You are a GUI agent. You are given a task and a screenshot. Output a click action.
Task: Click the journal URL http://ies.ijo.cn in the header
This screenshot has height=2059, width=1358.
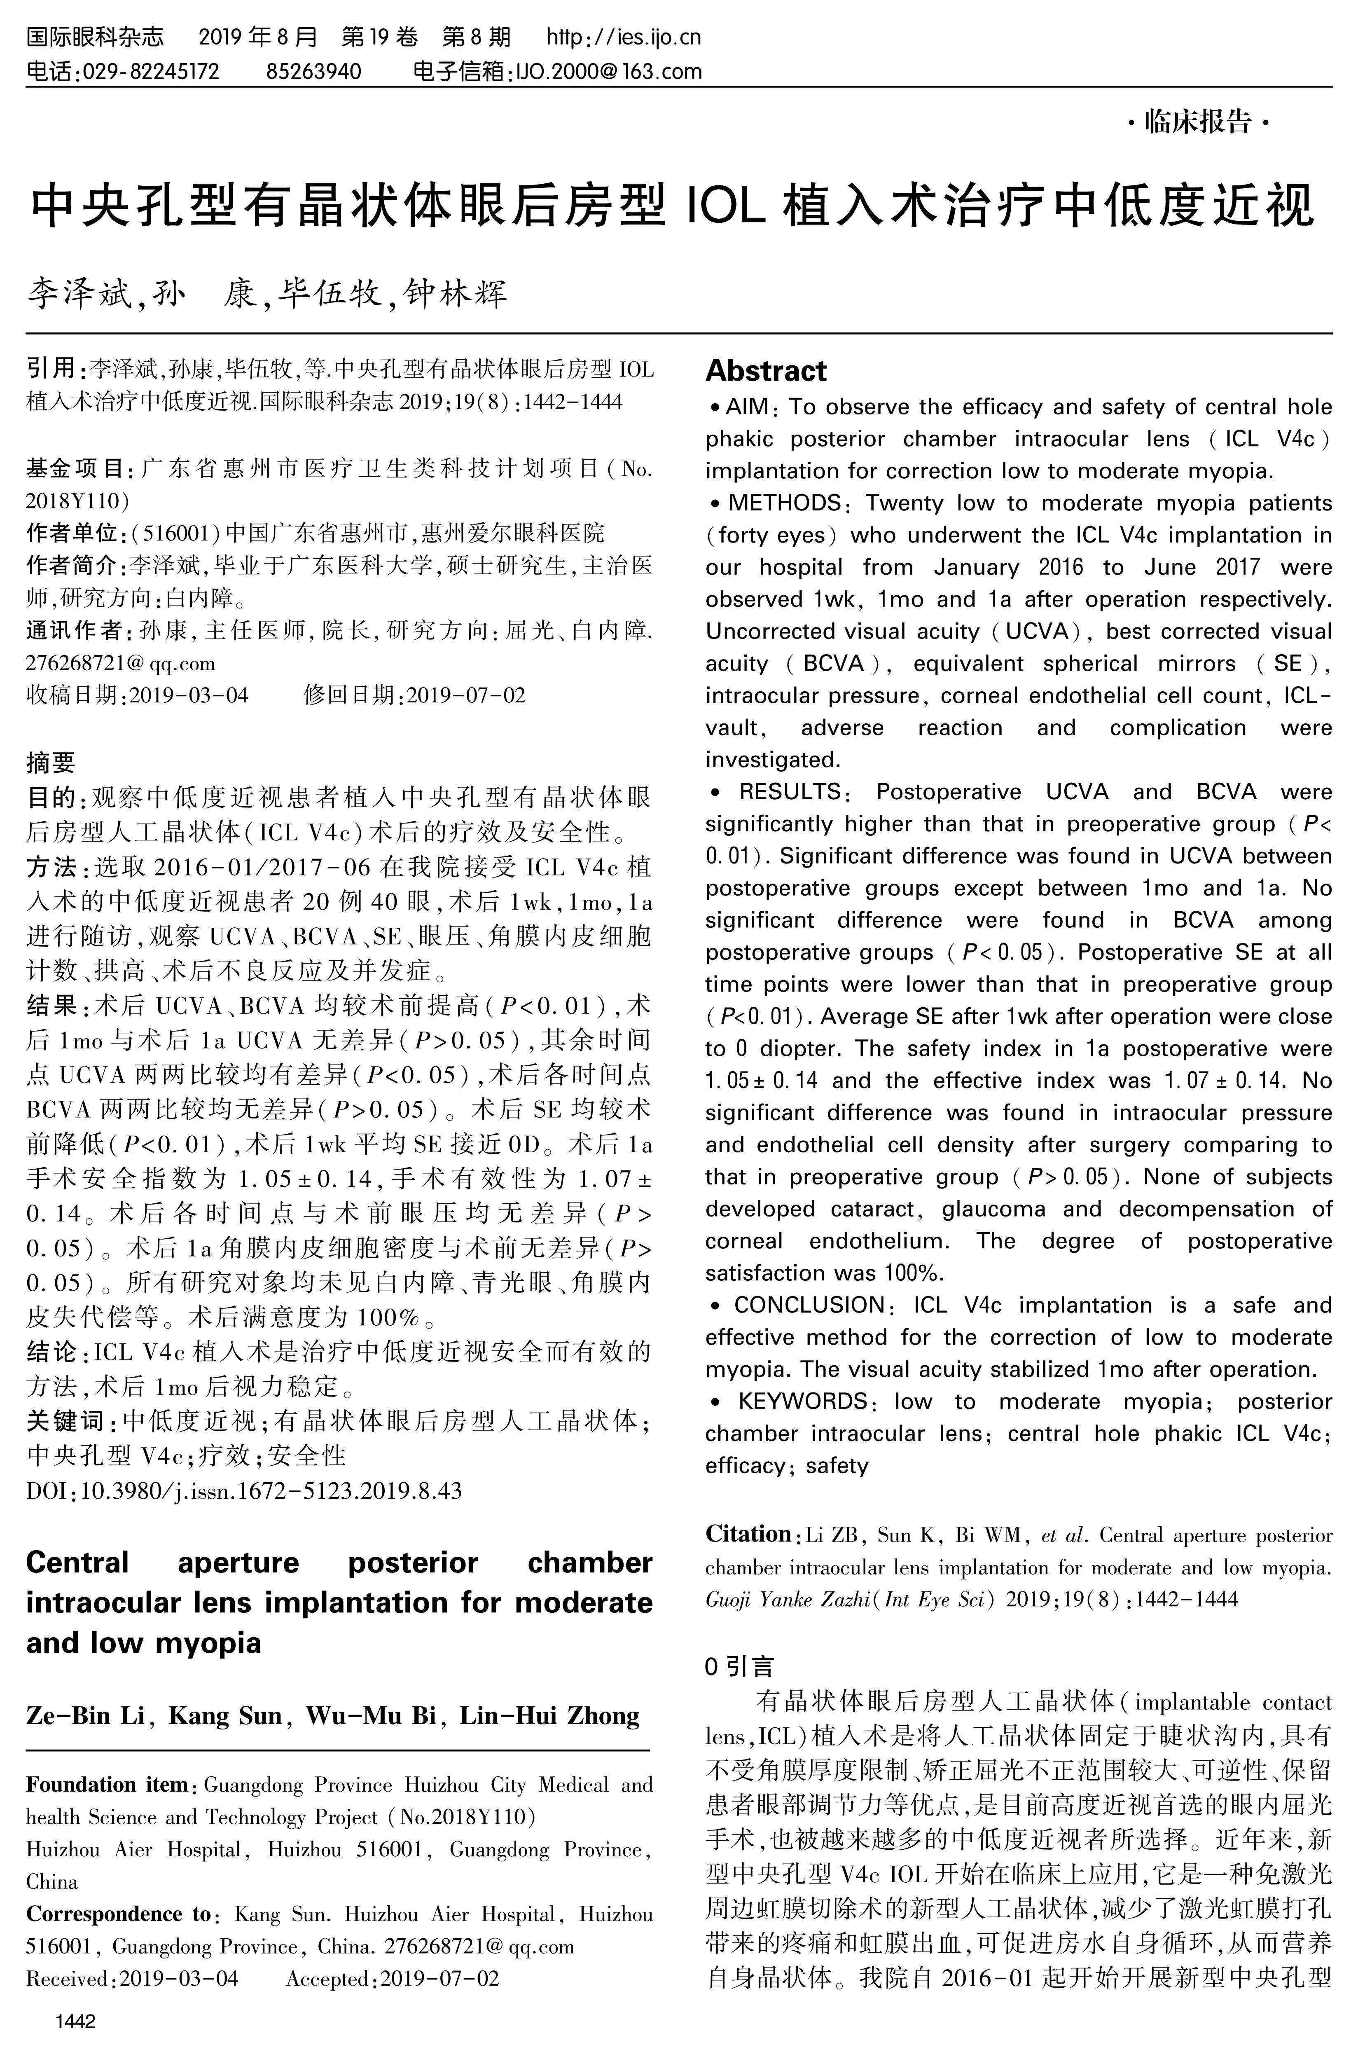click(624, 37)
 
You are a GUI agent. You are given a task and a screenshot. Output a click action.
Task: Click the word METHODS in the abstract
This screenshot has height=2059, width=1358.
click(784, 503)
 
